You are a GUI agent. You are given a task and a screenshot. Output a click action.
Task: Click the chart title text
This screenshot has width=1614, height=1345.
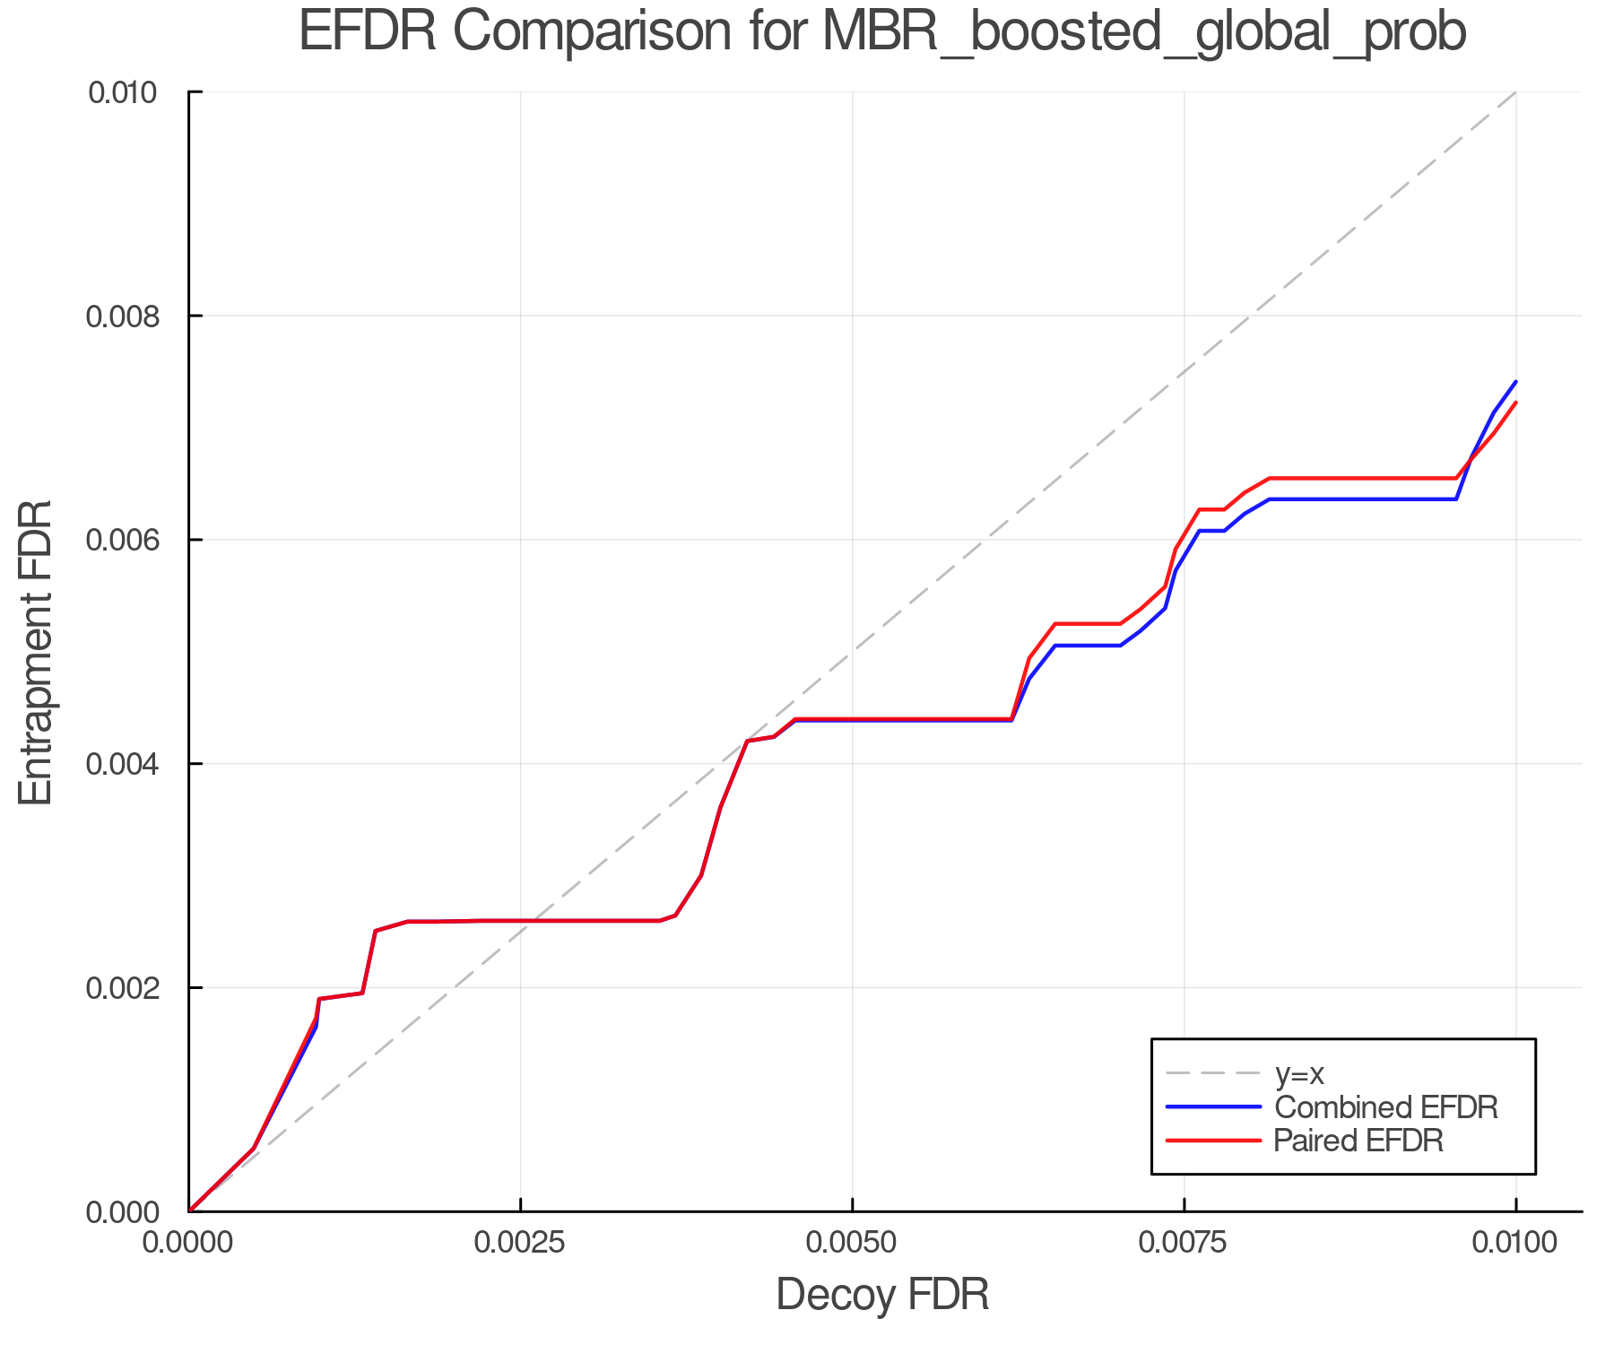tap(882, 32)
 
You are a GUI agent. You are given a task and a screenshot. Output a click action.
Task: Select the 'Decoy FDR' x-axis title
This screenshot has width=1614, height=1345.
tap(882, 1294)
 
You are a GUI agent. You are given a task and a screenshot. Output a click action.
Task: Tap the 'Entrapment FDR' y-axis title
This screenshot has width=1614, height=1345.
tap(36, 652)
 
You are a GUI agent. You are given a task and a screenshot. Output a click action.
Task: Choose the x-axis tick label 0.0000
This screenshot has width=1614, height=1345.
tap(188, 1243)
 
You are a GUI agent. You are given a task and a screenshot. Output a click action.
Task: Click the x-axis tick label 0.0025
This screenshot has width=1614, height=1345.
tap(520, 1243)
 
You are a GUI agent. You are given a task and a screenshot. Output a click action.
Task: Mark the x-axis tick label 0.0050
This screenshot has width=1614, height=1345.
tap(852, 1243)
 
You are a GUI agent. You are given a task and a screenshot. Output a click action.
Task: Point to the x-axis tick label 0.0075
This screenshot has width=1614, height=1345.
tap(1184, 1243)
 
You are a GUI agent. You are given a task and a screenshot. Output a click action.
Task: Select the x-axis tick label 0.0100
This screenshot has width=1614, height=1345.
tap(1515, 1243)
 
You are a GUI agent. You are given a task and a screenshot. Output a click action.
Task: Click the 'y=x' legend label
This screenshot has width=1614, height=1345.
tap(1299, 1073)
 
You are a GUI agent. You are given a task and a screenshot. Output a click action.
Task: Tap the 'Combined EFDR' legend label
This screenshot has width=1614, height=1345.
tap(1385, 1107)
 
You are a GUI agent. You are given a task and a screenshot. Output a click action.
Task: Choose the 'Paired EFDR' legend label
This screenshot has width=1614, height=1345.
tap(1358, 1141)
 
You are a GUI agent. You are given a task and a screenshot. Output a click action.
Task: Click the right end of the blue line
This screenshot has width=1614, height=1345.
tap(1515, 382)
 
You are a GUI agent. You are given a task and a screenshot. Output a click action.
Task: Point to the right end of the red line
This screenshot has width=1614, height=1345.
tap(1515, 403)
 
